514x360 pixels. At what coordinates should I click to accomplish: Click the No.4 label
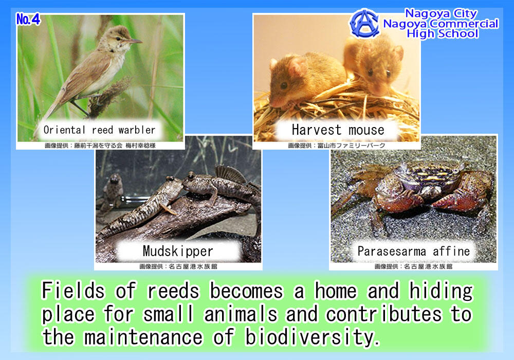click(x=28, y=20)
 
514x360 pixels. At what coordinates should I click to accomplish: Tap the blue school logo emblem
click(x=364, y=23)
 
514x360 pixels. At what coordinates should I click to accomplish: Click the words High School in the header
click(x=443, y=34)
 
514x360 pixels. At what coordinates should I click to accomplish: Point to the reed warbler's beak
click(x=134, y=41)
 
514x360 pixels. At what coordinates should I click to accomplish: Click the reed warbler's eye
click(x=118, y=39)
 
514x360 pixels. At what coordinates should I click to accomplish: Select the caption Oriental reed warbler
click(x=99, y=130)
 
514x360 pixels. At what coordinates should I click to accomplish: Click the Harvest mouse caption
click(x=338, y=130)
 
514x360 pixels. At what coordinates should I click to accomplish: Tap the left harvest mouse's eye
click(x=284, y=85)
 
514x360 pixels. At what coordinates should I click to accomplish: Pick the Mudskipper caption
click(x=178, y=251)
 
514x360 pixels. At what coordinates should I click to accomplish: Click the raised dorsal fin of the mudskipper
click(x=229, y=173)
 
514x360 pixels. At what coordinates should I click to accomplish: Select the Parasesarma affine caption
click(x=414, y=251)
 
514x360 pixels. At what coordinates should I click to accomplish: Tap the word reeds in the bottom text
click(x=173, y=291)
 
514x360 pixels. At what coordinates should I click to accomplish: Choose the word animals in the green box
click(x=241, y=314)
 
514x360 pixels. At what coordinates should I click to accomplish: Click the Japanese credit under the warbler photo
click(x=100, y=145)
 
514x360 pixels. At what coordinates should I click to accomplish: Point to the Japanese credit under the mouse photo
click(x=337, y=145)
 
